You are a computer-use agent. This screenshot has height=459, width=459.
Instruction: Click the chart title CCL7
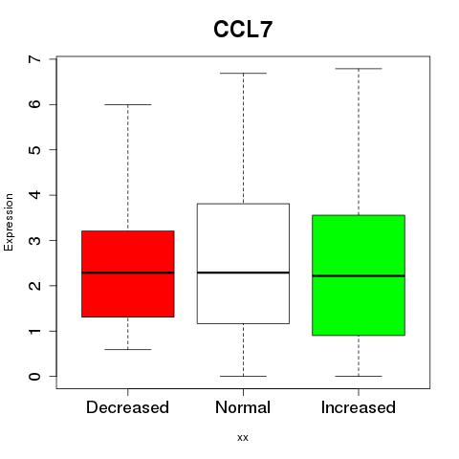243,30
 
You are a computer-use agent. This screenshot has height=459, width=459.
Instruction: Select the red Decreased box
128,273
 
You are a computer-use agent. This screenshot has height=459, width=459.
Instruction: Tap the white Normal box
243,264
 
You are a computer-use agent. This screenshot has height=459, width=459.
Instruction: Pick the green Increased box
359,275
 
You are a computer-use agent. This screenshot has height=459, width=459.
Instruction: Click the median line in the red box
128,273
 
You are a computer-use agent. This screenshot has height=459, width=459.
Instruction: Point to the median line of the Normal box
243,273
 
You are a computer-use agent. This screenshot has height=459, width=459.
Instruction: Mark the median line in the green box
359,275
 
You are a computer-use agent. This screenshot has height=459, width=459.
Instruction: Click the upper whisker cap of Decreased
128,104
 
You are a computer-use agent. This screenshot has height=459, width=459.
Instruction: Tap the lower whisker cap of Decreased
128,350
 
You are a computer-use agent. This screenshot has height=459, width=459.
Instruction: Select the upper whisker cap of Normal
243,74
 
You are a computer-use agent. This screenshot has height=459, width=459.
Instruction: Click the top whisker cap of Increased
359,69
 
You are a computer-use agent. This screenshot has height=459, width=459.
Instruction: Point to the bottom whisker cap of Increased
359,377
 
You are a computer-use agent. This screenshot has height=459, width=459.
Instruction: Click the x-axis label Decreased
127,407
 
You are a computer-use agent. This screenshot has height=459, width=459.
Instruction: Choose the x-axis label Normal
243,407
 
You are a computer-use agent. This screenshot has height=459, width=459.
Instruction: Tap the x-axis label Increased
359,407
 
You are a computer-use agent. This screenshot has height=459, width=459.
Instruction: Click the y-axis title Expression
9,222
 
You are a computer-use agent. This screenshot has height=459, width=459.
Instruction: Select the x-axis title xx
243,438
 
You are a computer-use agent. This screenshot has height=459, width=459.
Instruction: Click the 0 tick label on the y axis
35,377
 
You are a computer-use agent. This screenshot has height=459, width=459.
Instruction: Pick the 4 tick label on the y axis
35,195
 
